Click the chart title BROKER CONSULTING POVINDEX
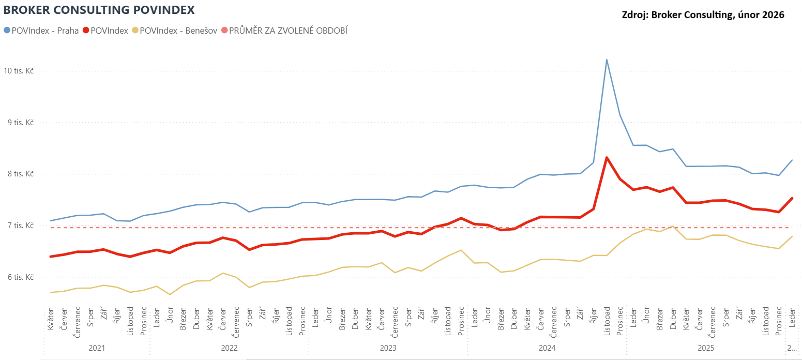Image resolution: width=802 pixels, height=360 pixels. [x=99, y=9]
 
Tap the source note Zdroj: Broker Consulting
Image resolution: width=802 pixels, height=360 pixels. [x=703, y=15]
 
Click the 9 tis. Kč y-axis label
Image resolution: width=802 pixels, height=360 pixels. [x=20, y=123]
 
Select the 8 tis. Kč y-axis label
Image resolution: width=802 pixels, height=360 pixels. [x=20, y=174]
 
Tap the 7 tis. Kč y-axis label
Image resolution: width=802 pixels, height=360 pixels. [x=20, y=226]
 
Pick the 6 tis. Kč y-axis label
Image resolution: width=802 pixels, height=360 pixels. [x=20, y=277]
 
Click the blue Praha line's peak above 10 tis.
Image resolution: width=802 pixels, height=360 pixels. [x=607, y=59]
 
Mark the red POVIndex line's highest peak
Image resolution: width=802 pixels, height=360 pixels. [x=607, y=157]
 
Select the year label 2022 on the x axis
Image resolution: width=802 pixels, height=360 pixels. [x=229, y=348]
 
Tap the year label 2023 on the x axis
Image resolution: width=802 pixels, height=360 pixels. [x=388, y=348]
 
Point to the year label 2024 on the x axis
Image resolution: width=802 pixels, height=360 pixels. [x=547, y=348]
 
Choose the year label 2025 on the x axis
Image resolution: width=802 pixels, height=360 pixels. [x=705, y=348]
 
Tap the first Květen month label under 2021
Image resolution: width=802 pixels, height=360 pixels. [x=51, y=321]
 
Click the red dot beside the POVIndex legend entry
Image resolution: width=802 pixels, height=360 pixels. [x=86, y=31]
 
